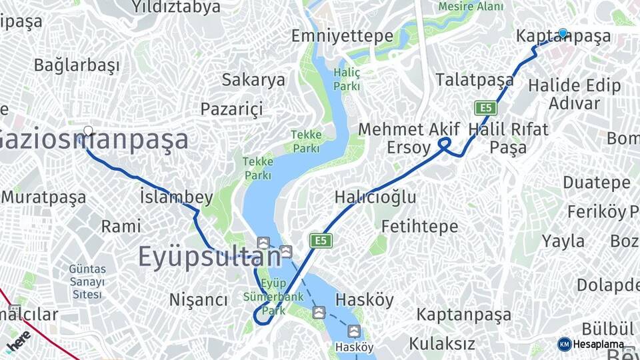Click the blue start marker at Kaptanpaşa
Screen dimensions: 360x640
click(x=563, y=33)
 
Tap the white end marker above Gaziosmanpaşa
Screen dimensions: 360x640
click(x=88, y=131)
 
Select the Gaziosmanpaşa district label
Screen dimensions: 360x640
click(x=93, y=141)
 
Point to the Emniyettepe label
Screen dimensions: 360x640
click(x=342, y=36)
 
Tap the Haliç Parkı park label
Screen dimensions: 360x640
click(x=347, y=79)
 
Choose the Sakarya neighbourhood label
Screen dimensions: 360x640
click(x=253, y=80)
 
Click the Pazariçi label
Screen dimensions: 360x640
click(x=231, y=109)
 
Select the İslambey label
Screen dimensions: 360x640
click(x=177, y=197)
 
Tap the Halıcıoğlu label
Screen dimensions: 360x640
click(x=375, y=197)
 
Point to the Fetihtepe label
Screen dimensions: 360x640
click(x=419, y=227)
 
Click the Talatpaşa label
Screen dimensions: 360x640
click(x=475, y=79)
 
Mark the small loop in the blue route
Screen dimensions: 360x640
click(x=445, y=143)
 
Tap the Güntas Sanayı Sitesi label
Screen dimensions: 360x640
click(x=87, y=281)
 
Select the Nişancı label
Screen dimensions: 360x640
click(x=199, y=300)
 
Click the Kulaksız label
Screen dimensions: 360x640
click(x=442, y=344)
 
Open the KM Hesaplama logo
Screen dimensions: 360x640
click(x=591, y=344)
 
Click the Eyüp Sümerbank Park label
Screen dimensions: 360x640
click(x=273, y=296)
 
